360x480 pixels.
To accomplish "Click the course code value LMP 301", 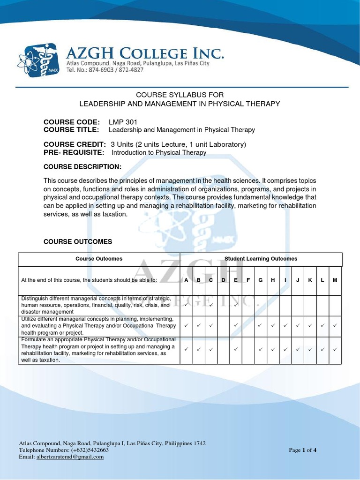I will coord(123,122).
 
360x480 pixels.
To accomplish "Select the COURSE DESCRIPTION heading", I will coord(82,167).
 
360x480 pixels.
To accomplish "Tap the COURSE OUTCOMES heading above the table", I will coord(78,242).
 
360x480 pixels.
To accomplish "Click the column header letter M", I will coord(335,280).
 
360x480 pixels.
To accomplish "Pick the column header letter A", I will coord(186,280).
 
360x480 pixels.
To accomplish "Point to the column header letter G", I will coord(260,280).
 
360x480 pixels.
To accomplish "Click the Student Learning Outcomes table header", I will coord(261,259).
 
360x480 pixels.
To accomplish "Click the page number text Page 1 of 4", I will coord(303,450).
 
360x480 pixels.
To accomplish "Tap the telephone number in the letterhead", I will coord(104,70).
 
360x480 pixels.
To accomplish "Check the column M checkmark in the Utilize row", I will coord(335,325).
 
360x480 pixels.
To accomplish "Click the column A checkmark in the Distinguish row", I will coord(186,305).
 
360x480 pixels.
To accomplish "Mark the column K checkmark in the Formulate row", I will coord(310,349).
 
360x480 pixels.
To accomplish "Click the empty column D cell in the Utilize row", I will coord(224,325).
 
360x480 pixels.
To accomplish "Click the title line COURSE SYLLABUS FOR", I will coord(177,95).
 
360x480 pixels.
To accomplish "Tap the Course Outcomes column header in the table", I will coord(99,259).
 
